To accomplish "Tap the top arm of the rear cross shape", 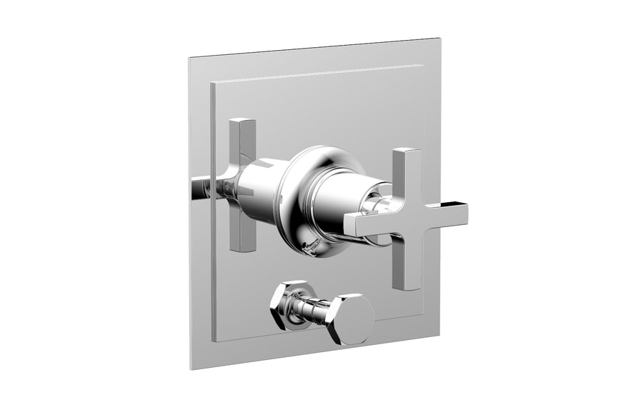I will tap(242, 139).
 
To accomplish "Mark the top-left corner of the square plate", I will tap(189, 55).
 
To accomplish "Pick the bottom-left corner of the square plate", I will tap(191, 369).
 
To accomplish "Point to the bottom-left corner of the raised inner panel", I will tap(212, 341).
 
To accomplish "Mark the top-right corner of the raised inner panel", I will tap(423, 66).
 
